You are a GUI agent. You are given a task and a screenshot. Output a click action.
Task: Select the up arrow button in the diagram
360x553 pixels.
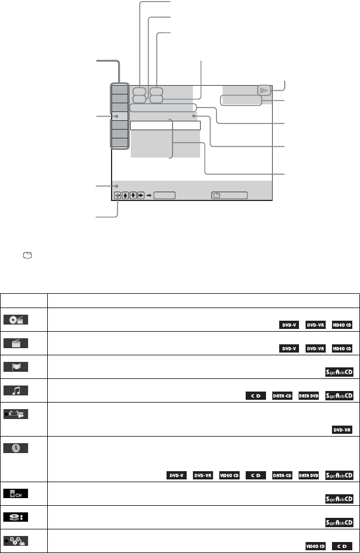(126, 195)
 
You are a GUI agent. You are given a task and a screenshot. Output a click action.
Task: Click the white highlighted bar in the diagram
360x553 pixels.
(165, 126)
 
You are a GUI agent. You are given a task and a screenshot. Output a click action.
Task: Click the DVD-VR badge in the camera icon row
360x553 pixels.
(341, 429)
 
